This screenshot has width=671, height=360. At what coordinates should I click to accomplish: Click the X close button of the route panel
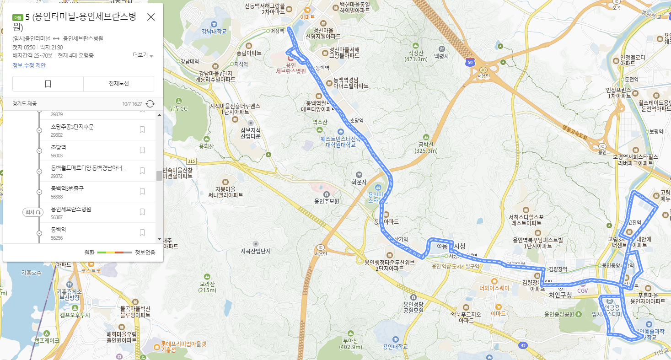151,17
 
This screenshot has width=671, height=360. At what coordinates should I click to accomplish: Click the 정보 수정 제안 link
29,65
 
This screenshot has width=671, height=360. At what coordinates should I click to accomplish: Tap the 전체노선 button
118,84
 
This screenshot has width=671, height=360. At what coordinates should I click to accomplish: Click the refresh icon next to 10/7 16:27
150,104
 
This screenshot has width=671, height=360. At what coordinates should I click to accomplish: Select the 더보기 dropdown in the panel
143,55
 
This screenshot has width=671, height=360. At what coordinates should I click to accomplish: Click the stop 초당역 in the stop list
59,147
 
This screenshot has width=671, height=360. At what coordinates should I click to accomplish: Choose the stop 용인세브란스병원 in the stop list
71,209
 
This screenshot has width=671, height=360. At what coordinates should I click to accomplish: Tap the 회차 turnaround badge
33,212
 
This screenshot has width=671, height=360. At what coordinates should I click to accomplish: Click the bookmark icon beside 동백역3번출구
142,191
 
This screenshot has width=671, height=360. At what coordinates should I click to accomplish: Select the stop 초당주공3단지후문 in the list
72,127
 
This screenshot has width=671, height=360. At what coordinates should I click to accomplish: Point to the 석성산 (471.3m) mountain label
415,56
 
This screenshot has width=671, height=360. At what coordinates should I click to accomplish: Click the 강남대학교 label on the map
214,31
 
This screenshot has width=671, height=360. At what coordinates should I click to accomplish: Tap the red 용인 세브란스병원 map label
291,68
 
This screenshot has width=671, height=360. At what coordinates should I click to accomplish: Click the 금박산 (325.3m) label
426,147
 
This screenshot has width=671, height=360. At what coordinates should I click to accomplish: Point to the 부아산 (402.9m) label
351,343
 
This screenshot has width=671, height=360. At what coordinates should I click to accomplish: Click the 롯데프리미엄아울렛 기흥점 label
183,346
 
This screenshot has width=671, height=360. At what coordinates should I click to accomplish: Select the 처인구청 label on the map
560,296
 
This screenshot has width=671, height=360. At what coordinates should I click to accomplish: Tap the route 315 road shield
191,161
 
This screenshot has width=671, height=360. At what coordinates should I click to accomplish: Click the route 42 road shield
523,346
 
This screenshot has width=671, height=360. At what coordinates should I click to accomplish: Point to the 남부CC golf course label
178,108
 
